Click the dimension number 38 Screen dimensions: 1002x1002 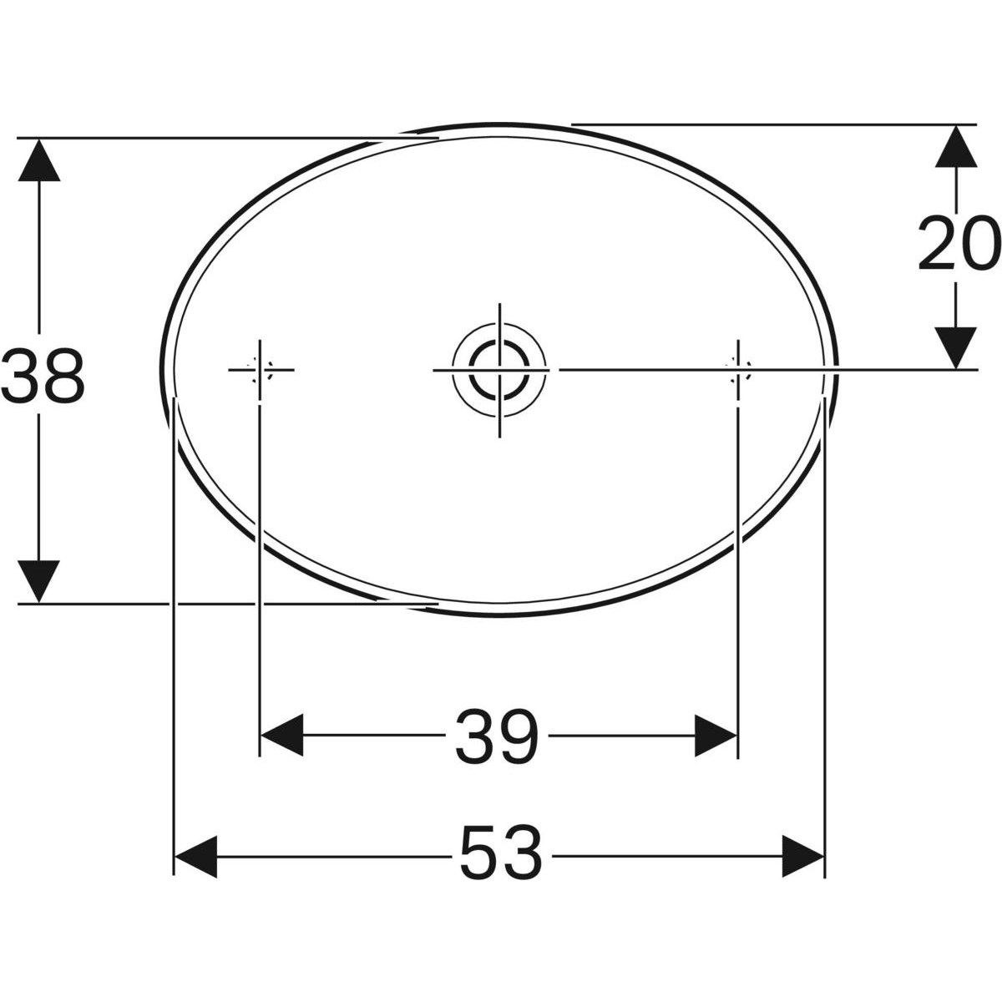(x=42, y=376)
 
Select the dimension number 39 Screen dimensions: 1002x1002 (x=498, y=736)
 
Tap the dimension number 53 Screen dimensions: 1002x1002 (x=499, y=853)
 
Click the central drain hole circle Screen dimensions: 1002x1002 (x=498, y=369)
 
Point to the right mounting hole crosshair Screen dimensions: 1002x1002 (x=737, y=369)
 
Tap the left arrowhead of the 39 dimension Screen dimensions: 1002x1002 (x=282, y=736)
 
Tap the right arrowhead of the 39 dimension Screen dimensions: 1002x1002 (x=716, y=736)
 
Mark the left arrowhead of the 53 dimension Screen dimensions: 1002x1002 (x=195, y=853)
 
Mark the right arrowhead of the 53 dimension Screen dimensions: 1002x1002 (x=802, y=853)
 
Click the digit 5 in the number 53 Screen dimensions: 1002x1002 (x=478, y=853)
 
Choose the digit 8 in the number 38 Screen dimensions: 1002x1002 (x=63, y=376)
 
